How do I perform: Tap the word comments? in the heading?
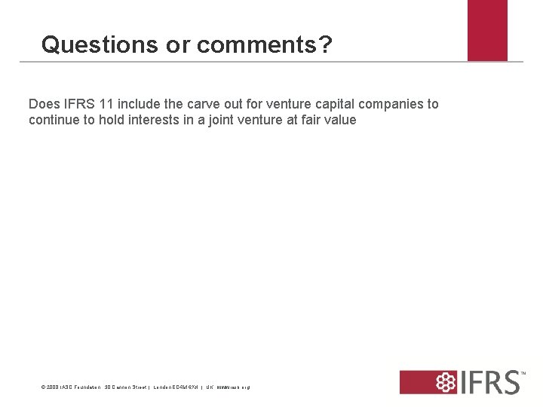(264, 45)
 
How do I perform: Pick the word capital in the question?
(333, 104)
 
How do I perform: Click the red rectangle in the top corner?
(487, 30)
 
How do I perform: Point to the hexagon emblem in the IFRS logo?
(448, 382)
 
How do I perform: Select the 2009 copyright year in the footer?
(51, 387)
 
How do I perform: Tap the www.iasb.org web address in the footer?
(233, 387)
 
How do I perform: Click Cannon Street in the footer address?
(127, 387)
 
